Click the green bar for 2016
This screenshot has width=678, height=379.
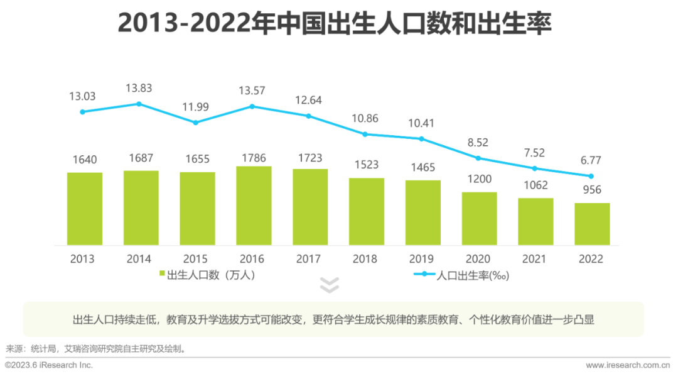point(254,206)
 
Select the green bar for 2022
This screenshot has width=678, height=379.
point(592,224)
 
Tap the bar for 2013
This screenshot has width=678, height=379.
point(85,209)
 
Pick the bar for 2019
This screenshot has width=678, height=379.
point(423,212)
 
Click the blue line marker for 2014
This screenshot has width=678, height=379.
point(139,104)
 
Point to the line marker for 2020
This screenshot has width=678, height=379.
point(478,158)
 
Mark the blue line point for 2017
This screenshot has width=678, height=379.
point(309,116)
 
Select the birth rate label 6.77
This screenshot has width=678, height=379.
point(591,161)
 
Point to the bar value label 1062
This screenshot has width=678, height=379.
point(535,185)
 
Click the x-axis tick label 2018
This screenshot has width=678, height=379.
point(365,259)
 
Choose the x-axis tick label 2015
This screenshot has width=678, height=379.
point(195,259)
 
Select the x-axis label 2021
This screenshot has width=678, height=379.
point(535,259)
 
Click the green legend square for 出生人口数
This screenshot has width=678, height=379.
point(162,275)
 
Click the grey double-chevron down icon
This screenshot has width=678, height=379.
point(330,285)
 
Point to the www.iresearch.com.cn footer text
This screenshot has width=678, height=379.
point(628,365)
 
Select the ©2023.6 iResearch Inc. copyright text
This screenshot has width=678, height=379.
point(49,365)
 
